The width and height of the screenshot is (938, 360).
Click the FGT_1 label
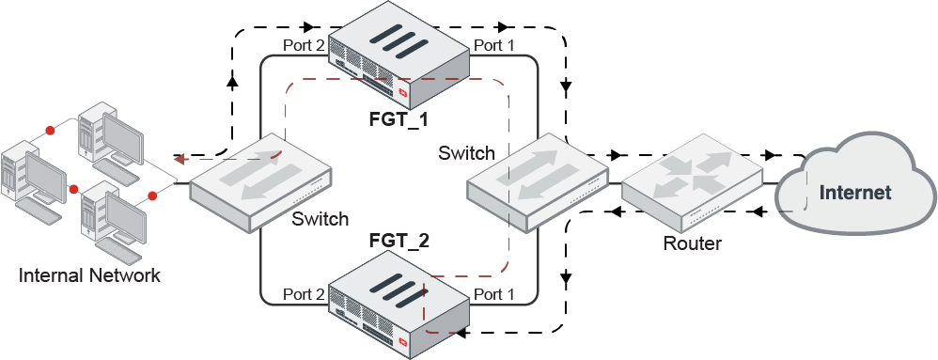pos(399,119)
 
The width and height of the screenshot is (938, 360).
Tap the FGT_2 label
pos(399,242)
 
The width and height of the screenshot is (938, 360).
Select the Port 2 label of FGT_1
pos(304,45)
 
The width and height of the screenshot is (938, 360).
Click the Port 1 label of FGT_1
pos(493,45)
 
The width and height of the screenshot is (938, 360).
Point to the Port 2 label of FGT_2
pos(304,294)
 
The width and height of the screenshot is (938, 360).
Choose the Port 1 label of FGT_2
pos(493,294)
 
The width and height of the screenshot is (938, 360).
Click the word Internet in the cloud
pos(855,193)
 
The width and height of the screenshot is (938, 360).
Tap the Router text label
pos(692,243)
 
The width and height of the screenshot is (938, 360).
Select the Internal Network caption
pos(89,275)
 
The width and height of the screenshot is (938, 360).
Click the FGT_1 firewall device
pos(399,58)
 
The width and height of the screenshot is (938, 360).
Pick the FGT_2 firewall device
pos(399,304)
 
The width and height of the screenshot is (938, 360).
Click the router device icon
pos(692,181)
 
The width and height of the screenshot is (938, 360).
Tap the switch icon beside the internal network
pos(261,181)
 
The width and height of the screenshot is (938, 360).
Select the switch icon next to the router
pos(538,181)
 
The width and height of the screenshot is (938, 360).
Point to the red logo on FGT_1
pos(403,93)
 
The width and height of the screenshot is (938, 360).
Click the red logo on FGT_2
pos(403,344)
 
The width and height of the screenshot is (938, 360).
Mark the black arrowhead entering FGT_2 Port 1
pos(461,331)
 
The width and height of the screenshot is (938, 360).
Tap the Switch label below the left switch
pos(320,219)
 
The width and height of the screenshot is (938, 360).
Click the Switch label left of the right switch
pos(466,153)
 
